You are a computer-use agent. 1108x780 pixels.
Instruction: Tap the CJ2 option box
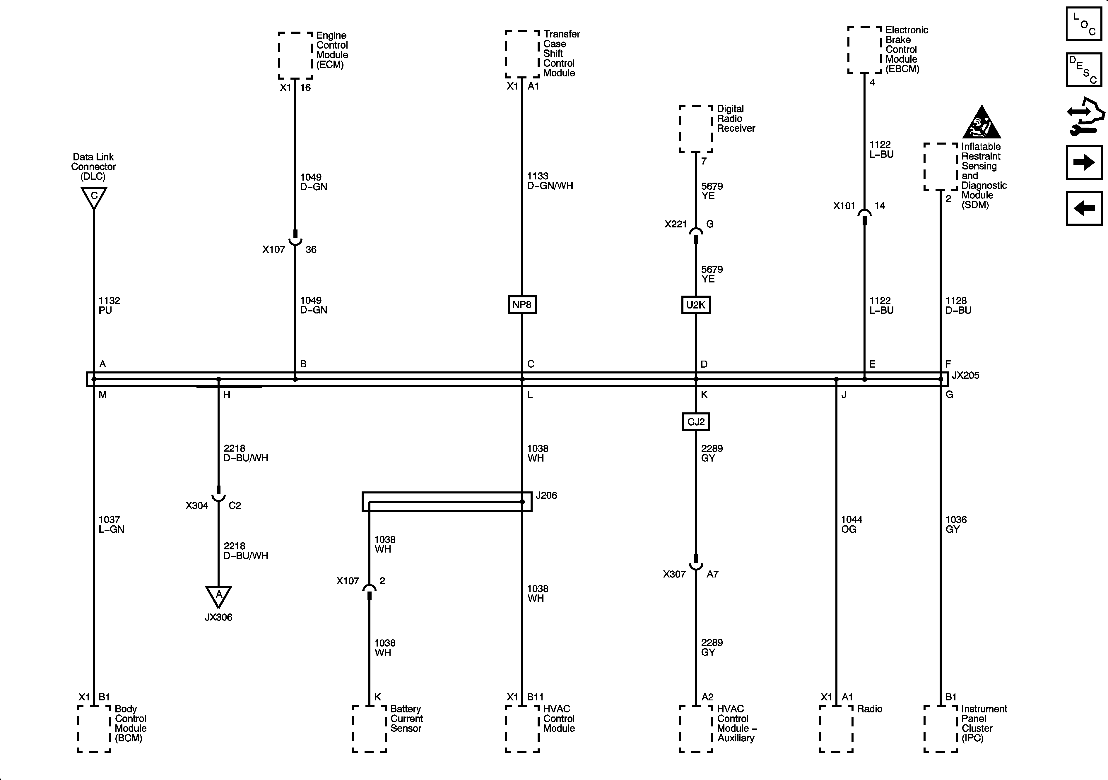click(695, 421)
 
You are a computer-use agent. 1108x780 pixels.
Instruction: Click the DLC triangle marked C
click(94, 197)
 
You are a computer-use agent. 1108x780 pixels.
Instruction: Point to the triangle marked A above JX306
click(219, 596)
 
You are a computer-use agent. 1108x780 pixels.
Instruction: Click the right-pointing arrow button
click(1084, 162)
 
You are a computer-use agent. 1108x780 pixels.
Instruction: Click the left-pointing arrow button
click(1084, 208)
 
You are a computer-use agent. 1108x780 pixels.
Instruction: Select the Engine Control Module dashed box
click(295, 56)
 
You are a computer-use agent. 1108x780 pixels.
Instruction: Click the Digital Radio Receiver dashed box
click(696, 129)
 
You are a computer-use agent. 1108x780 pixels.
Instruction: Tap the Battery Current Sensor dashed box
click(369, 728)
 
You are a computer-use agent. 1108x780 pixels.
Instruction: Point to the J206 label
click(546, 496)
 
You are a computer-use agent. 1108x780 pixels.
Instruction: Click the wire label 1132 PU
click(109, 305)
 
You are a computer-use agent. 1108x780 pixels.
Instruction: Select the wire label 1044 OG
click(851, 524)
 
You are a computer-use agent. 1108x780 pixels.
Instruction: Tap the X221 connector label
click(675, 224)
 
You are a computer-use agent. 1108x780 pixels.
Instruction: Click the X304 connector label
click(197, 505)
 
